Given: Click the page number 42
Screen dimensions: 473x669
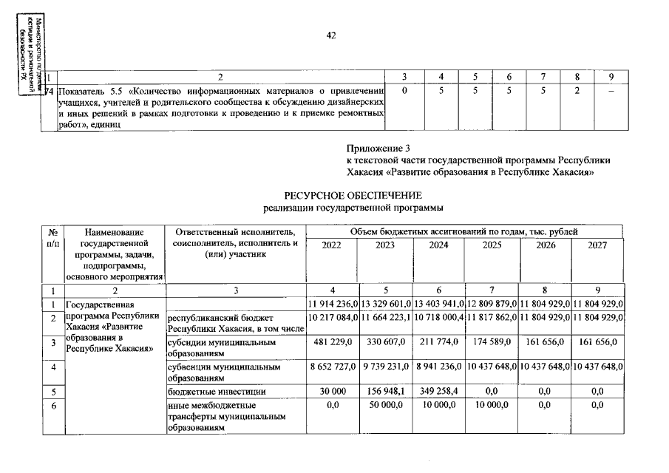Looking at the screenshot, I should click(x=331, y=35).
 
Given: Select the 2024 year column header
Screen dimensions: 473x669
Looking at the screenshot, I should click(x=439, y=245).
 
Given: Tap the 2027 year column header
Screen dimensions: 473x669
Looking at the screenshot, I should click(x=597, y=245).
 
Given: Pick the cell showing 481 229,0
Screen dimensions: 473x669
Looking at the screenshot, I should click(x=333, y=343).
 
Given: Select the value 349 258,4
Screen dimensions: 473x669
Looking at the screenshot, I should click(x=439, y=391).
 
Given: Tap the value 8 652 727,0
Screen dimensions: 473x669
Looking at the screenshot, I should click(x=333, y=367).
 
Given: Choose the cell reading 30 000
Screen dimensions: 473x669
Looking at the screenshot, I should click(x=333, y=391).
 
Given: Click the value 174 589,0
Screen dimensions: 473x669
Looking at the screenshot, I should click(x=492, y=343).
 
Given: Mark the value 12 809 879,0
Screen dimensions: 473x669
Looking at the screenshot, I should click(x=492, y=304).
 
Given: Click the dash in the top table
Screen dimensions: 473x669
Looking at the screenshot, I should click(x=611, y=91).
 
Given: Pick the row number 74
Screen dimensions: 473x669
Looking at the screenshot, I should click(x=50, y=91).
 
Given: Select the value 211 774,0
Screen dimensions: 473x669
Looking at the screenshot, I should click(x=439, y=343).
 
